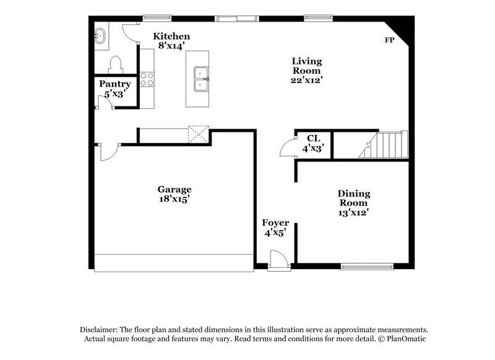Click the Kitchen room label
pyautogui.click(x=171, y=36)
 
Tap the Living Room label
pyautogui.click(x=307, y=66)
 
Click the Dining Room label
pyautogui.click(x=353, y=198)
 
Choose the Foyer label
pyautogui.click(x=275, y=223)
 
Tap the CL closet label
pyautogui.click(x=312, y=138)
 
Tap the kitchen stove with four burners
pyautogui.click(x=147, y=79)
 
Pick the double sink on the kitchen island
pyautogui.click(x=200, y=79)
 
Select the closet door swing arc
pyautogui.click(x=286, y=148)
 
